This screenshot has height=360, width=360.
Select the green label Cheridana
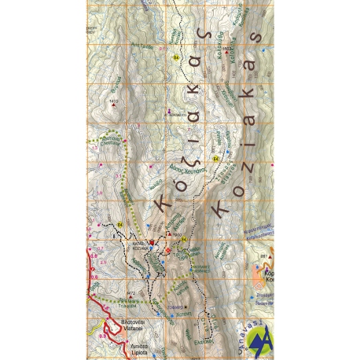pos(117,142)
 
